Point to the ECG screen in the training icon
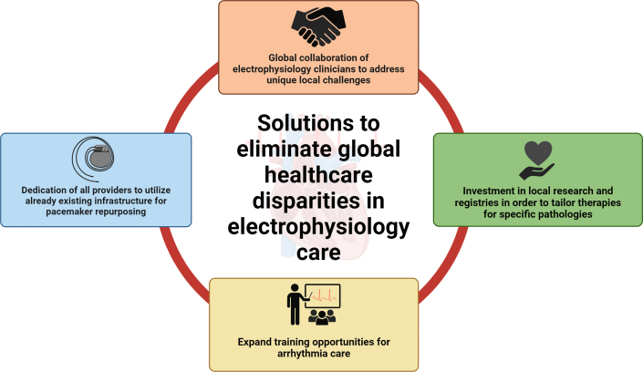322,296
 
